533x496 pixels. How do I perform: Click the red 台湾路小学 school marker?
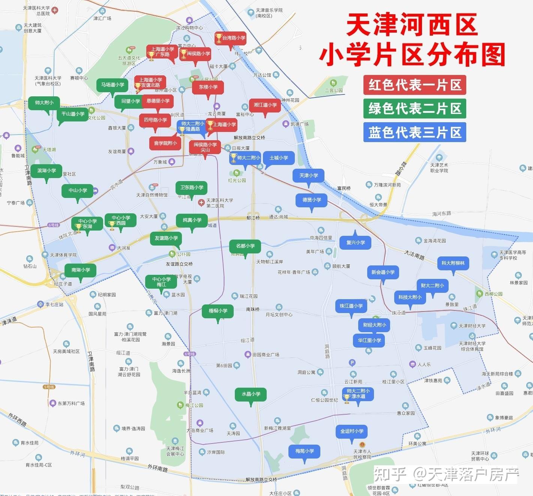coord(230,38)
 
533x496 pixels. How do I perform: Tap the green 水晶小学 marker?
coord(251,394)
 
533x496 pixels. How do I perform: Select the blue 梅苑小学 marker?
coord(304,451)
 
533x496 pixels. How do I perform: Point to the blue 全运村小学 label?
coord(351,431)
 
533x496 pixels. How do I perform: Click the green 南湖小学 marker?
coord(80,270)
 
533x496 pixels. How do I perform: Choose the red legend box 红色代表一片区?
coord(414,85)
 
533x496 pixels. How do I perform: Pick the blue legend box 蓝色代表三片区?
coord(414,132)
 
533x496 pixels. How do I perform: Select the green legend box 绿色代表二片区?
coord(414,109)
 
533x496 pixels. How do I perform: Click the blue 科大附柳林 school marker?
coord(453,263)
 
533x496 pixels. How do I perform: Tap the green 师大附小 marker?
coord(44,103)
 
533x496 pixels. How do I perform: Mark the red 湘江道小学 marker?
coord(265,105)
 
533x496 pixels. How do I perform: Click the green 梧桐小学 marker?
coord(218,311)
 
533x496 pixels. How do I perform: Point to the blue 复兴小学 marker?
coord(355,243)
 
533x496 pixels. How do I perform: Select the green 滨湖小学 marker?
coord(46,171)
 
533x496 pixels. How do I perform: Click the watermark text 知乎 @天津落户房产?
coord(446,474)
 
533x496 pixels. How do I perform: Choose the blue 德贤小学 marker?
coord(311,200)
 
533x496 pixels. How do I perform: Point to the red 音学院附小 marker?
coord(165,143)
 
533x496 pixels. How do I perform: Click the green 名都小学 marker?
coord(245,246)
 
